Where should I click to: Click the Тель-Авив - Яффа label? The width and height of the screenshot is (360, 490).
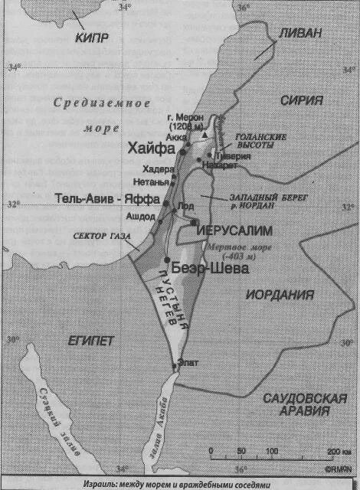pyautogui.click(x=107, y=199)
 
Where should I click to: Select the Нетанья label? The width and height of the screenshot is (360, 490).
pyautogui.click(x=146, y=181)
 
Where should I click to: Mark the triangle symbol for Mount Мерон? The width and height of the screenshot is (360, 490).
pyautogui.click(x=205, y=135)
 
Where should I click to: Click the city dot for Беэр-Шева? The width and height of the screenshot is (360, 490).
pyautogui.click(x=166, y=260)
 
